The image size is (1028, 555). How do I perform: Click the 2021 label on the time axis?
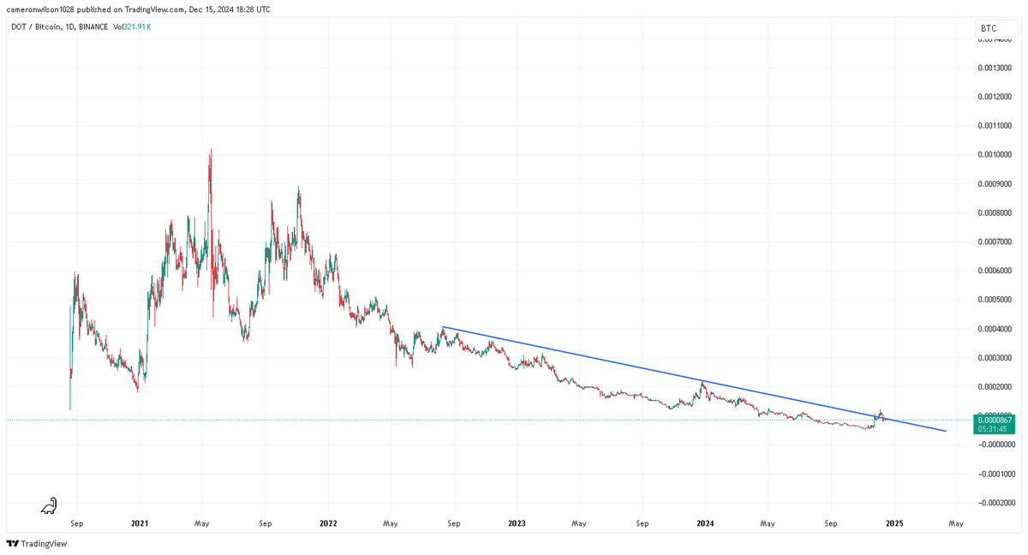[140, 522]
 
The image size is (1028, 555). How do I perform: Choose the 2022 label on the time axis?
[328, 522]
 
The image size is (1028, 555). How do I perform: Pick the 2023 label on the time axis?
[517, 522]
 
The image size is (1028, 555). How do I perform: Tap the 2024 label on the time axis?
[705, 522]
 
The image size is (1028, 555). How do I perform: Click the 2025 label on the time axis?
[894, 522]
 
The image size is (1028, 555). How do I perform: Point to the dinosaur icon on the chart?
[50, 507]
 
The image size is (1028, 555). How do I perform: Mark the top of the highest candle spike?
[210, 150]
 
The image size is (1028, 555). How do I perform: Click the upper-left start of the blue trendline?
[442, 326]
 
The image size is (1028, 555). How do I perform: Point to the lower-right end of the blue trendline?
[946, 431]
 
